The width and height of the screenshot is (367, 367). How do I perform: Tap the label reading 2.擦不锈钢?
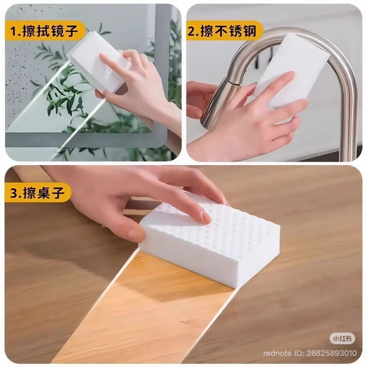coord(222,31)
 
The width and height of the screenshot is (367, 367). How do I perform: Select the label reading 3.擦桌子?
coord(37,193)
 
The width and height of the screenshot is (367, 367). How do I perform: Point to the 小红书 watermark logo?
coord(342,338)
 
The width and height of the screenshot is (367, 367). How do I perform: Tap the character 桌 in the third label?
coord(44,193)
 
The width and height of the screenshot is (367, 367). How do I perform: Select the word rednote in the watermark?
coord(277,353)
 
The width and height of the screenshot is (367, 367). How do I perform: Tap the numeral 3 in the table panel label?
coord(14,193)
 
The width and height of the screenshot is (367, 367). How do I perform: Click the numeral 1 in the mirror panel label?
coord(13,32)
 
